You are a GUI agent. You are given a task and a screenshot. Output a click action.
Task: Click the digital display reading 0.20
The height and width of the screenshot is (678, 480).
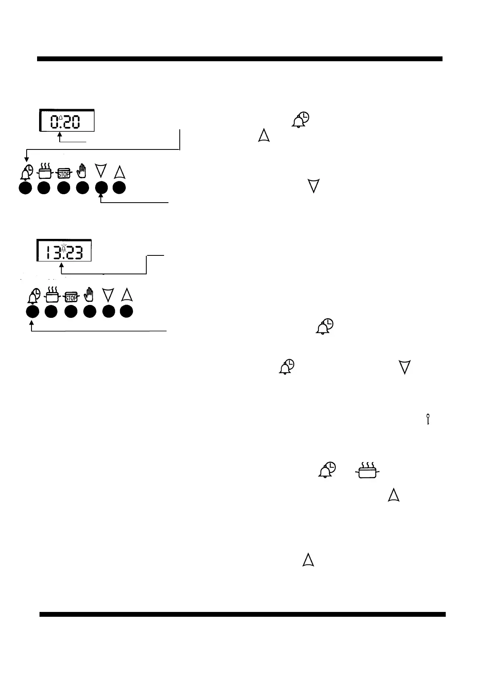67,120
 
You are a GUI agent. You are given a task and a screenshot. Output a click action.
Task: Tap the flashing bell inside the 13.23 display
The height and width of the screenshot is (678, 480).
63,247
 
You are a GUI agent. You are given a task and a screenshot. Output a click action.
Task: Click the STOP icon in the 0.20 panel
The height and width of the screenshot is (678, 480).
64,173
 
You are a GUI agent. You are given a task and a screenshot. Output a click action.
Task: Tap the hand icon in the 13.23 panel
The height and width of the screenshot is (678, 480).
89,295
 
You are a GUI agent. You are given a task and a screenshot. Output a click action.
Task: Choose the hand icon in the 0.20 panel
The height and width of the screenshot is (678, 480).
82,171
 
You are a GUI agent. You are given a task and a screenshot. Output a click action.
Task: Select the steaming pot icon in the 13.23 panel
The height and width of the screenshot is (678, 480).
51,296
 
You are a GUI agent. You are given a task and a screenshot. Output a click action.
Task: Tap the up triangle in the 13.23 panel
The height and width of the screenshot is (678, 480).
127,295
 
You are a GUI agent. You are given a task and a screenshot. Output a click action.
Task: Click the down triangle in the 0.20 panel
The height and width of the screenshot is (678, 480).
102,171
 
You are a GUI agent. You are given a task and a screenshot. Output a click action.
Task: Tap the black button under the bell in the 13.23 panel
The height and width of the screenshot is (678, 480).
32,311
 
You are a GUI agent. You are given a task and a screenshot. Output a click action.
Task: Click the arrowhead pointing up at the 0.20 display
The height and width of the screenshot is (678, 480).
60,136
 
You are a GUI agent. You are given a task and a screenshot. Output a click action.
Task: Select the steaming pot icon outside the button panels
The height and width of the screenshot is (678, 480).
367,471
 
